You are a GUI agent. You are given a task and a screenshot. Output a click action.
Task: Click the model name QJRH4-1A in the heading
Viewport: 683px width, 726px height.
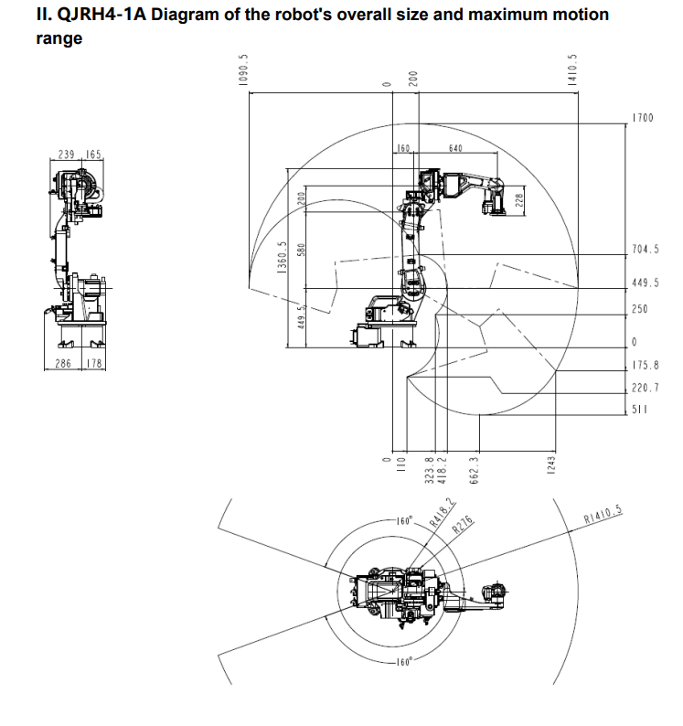(101, 15)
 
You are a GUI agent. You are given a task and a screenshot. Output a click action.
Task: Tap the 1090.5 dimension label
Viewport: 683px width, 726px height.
(243, 69)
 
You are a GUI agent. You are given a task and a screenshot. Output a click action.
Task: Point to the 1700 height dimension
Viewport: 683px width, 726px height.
(643, 118)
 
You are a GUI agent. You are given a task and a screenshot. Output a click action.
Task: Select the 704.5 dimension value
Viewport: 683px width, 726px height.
(646, 249)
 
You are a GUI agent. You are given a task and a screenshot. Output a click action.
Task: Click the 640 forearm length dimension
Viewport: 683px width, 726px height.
(455, 148)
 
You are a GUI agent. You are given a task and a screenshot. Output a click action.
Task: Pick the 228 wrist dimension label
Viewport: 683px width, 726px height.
(519, 200)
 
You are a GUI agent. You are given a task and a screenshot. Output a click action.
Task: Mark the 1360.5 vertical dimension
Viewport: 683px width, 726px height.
(282, 258)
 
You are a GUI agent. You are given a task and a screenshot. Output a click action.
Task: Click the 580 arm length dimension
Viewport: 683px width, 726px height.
(302, 250)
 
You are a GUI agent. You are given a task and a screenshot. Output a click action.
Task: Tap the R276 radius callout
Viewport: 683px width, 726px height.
(463, 525)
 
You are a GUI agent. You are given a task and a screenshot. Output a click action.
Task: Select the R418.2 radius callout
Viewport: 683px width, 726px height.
(443, 512)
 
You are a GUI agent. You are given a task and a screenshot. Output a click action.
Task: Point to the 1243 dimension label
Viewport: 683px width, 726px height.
(550, 465)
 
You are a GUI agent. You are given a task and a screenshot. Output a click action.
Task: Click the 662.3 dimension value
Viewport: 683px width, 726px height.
(474, 470)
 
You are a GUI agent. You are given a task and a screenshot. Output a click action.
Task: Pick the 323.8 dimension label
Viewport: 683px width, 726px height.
(429, 470)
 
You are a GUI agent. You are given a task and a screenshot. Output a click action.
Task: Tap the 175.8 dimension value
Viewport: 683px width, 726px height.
(646, 366)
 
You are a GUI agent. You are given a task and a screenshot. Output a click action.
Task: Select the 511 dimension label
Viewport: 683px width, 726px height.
(639, 410)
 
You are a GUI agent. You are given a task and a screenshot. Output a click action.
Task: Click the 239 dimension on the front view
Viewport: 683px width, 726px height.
(66, 155)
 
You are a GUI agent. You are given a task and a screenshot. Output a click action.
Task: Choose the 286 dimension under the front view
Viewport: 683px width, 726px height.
(63, 364)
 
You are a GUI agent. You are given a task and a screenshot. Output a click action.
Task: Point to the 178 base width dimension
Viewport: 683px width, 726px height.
(94, 364)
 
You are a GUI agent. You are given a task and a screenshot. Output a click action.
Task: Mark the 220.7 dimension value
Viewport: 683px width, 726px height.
(646, 388)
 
